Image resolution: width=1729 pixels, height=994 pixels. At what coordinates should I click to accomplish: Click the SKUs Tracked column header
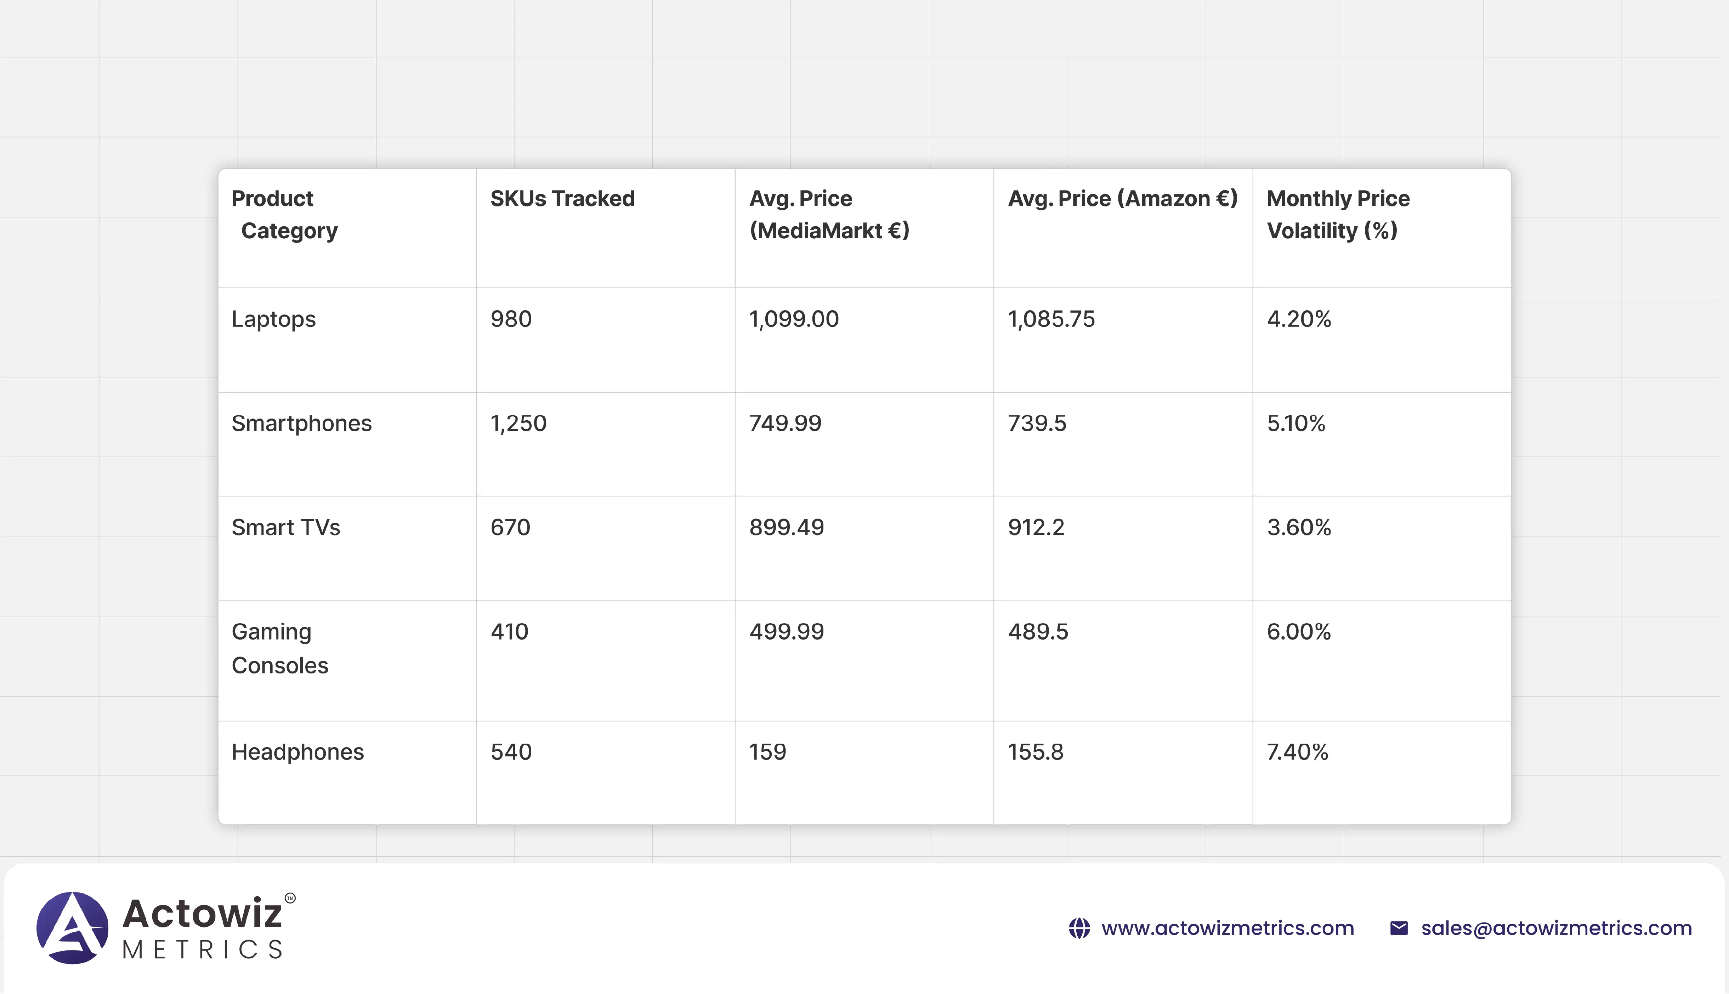click(x=562, y=199)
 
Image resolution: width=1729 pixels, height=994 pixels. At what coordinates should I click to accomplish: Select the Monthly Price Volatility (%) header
click(x=1338, y=214)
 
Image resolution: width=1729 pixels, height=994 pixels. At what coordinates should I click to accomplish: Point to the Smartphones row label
click(x=302, y=423)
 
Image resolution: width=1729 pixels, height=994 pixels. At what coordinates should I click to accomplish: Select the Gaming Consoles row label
click(x=280, y=648)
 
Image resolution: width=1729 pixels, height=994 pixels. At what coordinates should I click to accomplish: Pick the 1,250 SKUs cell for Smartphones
click(x=518, y=423)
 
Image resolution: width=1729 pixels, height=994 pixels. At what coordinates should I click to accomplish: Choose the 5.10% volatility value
click(x=1296, y=423)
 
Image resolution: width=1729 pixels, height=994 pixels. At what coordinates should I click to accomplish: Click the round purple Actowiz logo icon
click(x=72, y=928)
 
